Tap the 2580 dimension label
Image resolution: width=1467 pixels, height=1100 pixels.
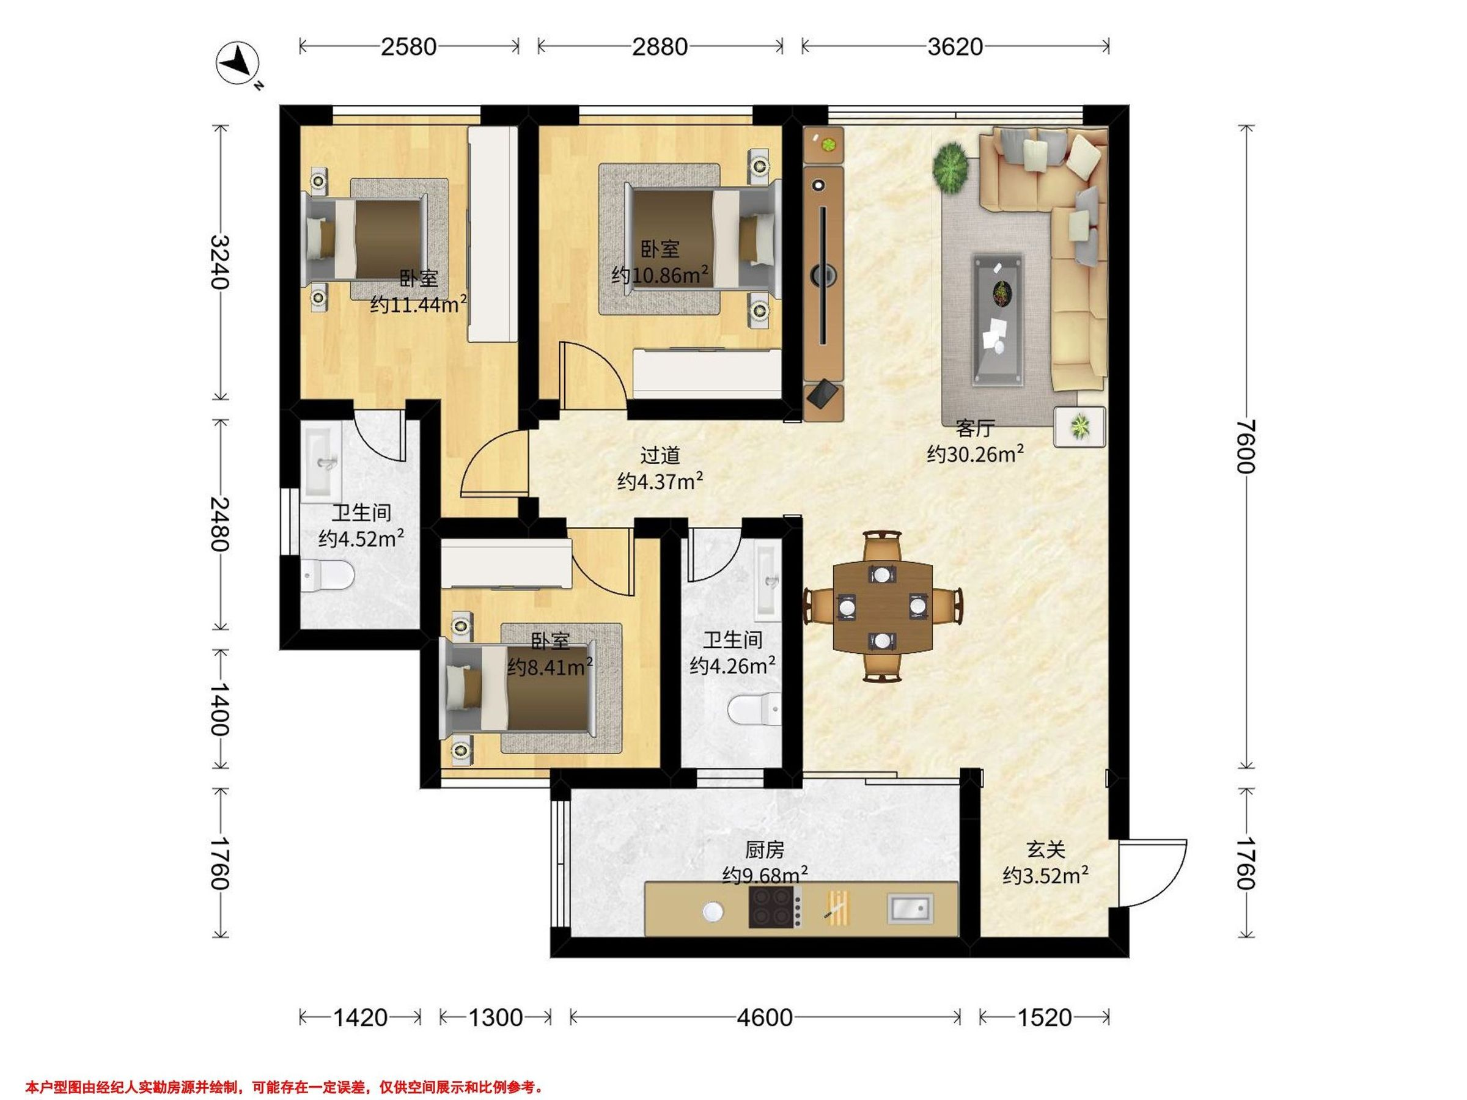(x=408, y=46)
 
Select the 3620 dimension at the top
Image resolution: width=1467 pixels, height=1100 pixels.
(x=955, y=46)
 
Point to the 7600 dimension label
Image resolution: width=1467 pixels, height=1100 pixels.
(x=1246, y=446)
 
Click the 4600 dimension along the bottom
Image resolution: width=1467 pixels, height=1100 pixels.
(x=765, y=1017)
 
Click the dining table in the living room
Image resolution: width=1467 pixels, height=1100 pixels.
(x=883, y=606)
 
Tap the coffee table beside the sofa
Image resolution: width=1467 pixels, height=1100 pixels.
(x=998, y=319)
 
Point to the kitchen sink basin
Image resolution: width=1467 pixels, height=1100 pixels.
(x=911, y=908)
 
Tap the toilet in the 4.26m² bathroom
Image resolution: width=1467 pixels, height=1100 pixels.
(x=756, y=710)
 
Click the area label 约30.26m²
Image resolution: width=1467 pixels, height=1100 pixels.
(x=975, y=454)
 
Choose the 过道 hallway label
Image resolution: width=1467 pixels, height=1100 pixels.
(x=660, y=455)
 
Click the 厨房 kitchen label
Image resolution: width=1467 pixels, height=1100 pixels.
(x=765, y=849)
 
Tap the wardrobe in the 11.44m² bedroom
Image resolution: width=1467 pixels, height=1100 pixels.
(x=493, y=234)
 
